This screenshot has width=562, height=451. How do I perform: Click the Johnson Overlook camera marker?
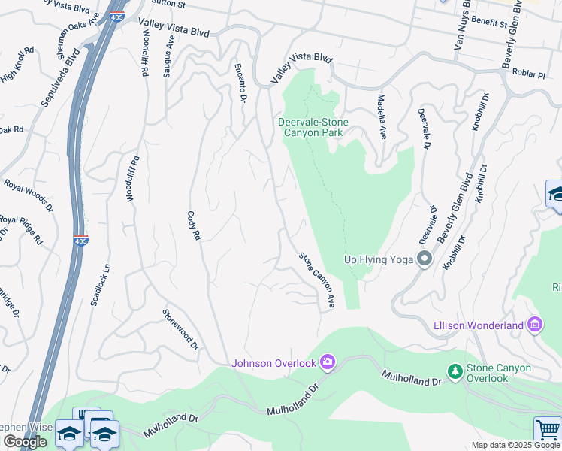[x=327, y=363]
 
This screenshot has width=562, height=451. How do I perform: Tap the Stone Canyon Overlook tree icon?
[x=455, y=371]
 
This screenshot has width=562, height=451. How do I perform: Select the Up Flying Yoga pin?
[x=425, y=259]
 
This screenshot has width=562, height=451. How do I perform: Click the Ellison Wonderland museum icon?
[x=535, y=325]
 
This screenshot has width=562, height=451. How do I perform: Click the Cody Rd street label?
[x=194, y=225]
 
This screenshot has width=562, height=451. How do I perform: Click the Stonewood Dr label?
[x=180, y=329]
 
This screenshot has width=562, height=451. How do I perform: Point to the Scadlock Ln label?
[x=101, y=285]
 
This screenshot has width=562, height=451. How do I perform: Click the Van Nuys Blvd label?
[x=461, y=26]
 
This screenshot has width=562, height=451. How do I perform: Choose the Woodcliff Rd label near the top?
[x=141, y=53]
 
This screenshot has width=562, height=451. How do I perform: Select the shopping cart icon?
[x=548, y=431]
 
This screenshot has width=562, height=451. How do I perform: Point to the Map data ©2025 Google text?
[x=515, y=445]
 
